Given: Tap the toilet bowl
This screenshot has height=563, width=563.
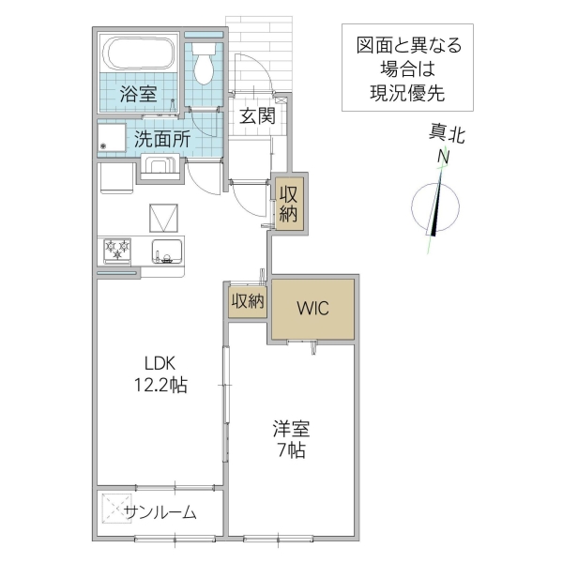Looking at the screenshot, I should pos(202,65).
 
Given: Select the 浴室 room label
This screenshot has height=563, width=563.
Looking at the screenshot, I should pos(138,94).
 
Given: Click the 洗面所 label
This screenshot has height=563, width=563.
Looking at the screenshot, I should pos(161,139).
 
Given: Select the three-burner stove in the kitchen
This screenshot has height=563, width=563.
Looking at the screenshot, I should pos(117,251).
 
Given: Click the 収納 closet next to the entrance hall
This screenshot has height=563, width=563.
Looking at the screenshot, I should pos(286,203).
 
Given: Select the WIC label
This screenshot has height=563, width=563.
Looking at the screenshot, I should pos(312,309).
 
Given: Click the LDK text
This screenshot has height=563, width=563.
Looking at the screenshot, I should pos(160,364).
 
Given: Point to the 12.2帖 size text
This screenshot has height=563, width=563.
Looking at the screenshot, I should pos(160,385).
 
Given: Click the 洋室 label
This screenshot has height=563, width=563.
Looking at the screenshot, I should pos(290,429).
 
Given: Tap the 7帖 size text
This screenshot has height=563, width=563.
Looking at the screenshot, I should pos(290,449).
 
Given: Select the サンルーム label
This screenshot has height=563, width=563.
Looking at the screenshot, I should pos(160,511).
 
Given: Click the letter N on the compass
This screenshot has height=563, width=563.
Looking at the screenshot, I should pos(443,156).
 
